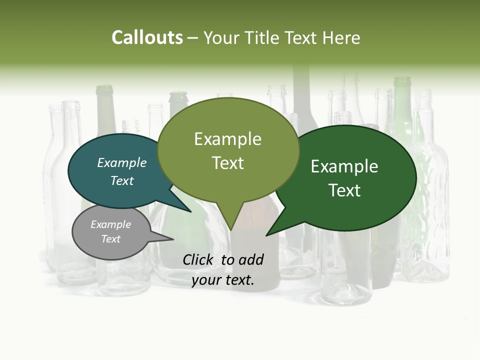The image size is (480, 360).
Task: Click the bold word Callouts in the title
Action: click(x=147, y=37)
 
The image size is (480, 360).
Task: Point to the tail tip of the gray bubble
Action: click(x=172, y=239)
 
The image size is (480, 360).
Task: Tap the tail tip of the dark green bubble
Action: click(x=267, y=235)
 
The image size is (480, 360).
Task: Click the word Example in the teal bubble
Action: click(x=122, y=163)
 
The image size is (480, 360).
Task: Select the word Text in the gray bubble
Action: click(x=111, y=239)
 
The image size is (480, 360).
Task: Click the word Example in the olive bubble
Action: click(x=227, y=139)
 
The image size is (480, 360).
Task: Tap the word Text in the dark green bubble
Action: click(x=344, y=190)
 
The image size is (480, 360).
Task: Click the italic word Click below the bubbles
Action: click(x=199, y=259)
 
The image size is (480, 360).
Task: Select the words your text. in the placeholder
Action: click(x=223, y=280)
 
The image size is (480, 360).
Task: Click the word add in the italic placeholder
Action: click(x=250, y=259)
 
